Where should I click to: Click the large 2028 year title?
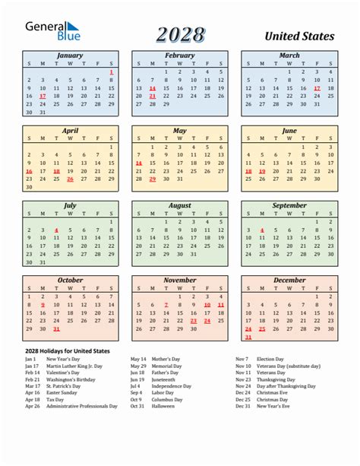182,34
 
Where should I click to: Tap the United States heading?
299,36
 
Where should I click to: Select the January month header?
70,55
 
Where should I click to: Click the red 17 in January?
42,97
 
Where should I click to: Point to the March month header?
289,55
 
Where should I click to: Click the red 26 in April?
70,179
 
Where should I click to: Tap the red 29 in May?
152,179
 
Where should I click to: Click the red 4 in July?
56,230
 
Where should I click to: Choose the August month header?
179,205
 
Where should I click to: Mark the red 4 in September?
261,230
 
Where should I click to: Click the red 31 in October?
56,329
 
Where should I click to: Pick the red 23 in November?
193,321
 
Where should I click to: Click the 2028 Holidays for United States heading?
67,350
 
